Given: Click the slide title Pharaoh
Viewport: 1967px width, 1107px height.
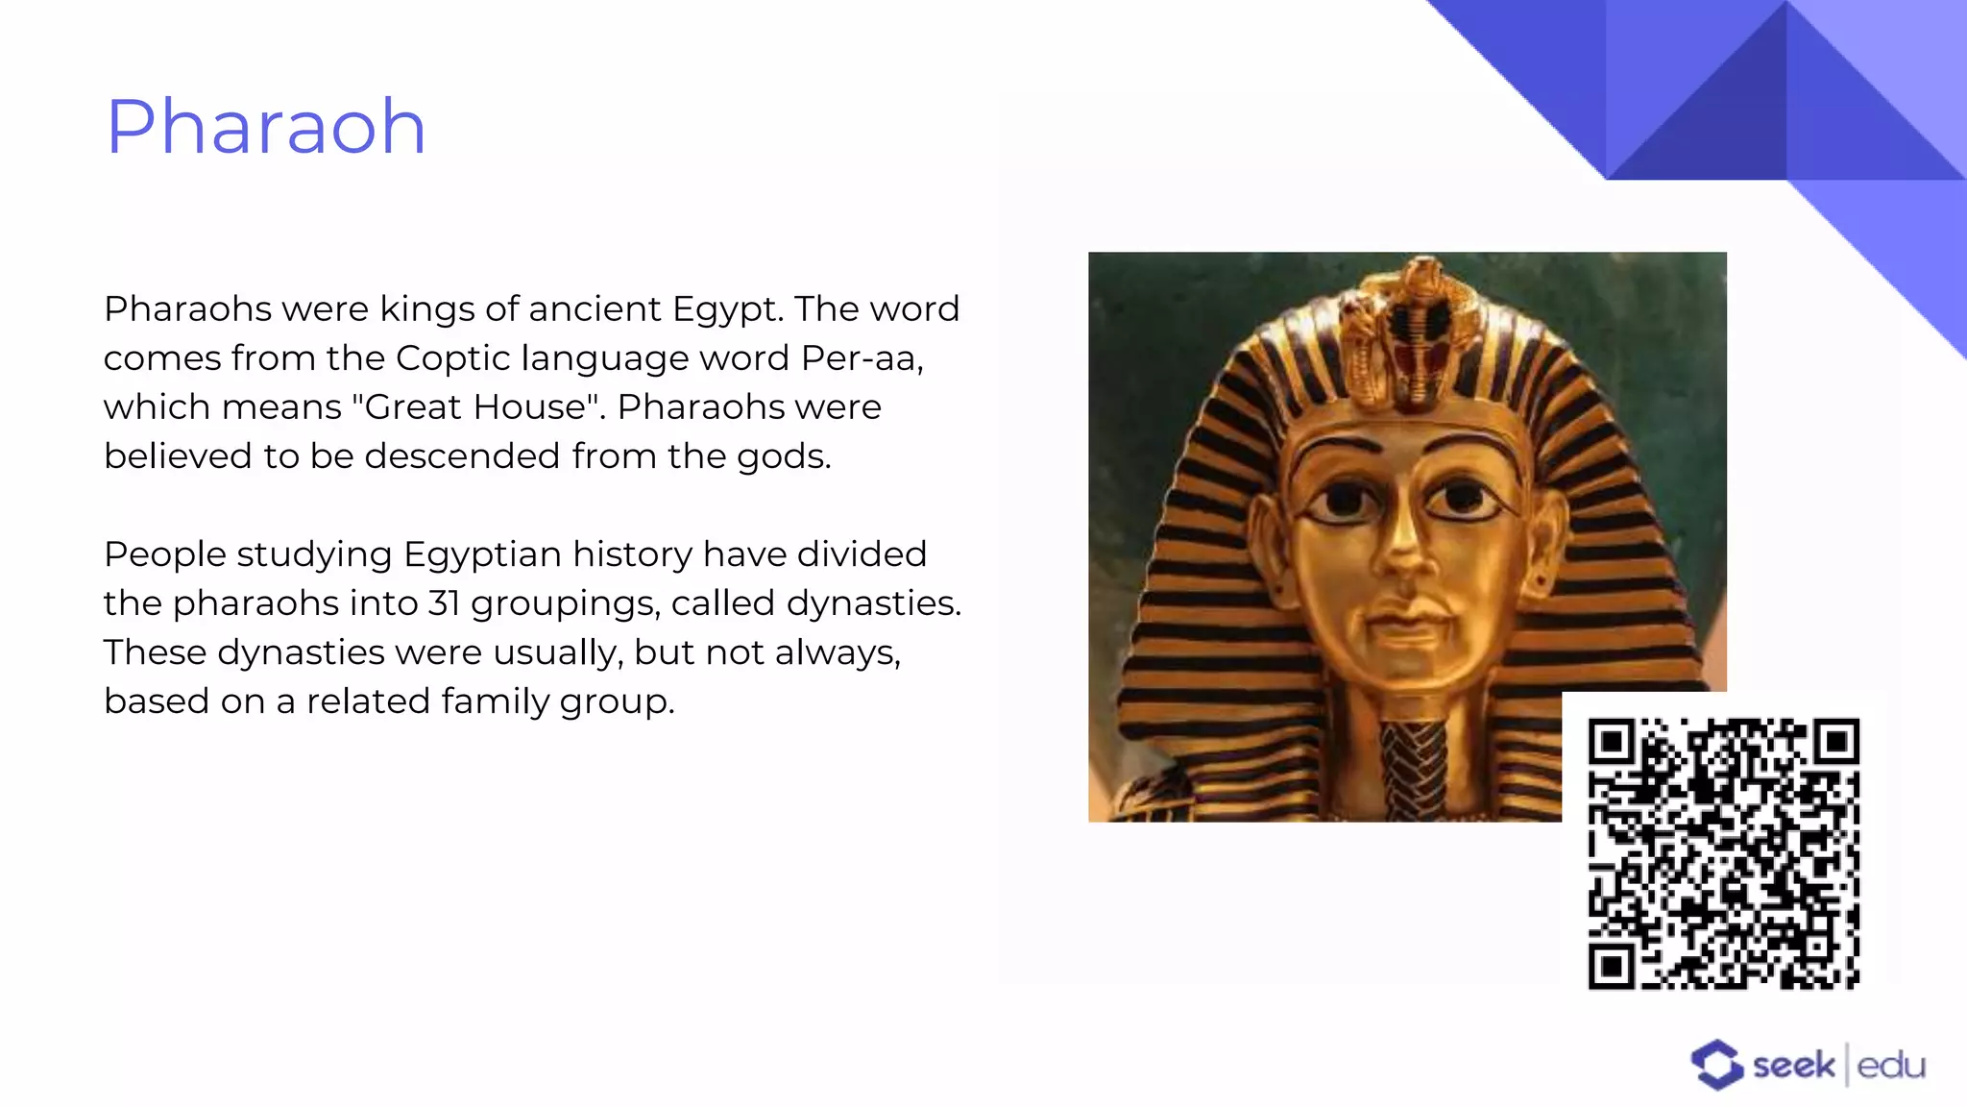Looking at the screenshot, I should [x=265, y=127].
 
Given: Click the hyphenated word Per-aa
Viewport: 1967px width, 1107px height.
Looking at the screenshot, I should [x=861, y=358].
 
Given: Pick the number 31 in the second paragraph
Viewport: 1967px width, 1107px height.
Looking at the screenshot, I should [x=444, y=603].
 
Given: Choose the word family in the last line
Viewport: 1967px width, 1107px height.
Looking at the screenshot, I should [x=496, y=701].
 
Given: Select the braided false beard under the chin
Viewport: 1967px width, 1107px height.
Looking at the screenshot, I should [x=1414, y=769].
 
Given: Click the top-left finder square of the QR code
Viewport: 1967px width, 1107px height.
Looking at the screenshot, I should [x=1612, y=741].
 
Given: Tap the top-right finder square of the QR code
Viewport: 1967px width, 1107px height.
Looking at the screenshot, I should [x=1837, y=741].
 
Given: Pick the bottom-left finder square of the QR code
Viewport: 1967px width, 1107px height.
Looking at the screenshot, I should [x=1612, y=966].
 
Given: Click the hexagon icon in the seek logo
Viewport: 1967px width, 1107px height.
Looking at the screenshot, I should [x=1716, y=1065].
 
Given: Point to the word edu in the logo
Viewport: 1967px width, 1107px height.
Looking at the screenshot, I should [x=1891, y=1066].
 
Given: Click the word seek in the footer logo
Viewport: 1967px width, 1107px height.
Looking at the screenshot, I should [x=1793, y=1066].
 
